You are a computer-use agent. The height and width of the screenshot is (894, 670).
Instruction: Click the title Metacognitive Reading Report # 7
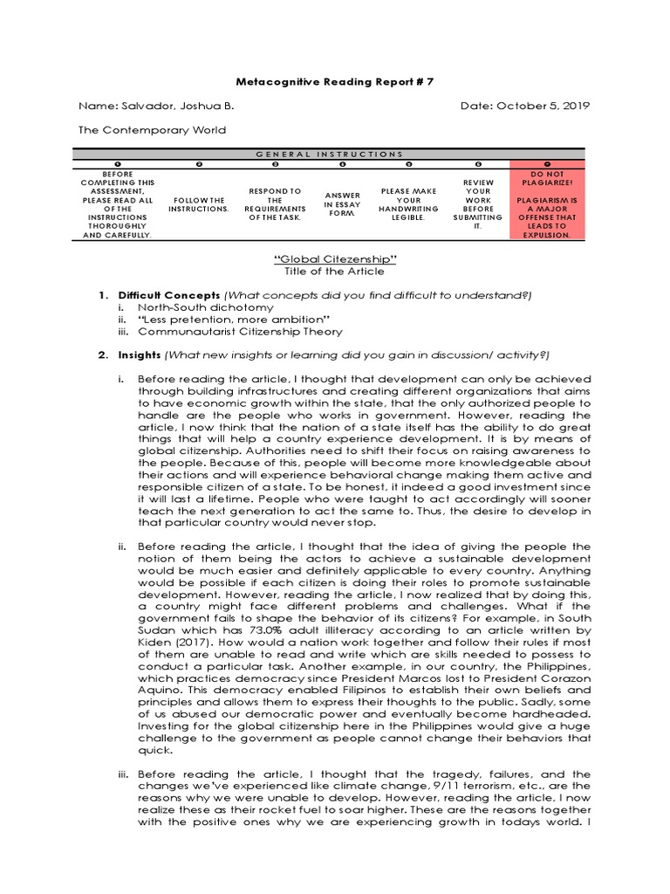click(x=335, y=81)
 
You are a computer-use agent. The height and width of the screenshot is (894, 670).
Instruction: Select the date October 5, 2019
click(x=543, y=106)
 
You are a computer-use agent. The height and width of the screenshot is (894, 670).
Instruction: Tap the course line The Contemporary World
click(x=152, y=130)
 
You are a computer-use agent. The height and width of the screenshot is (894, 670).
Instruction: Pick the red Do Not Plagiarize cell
click(x=547, y=203)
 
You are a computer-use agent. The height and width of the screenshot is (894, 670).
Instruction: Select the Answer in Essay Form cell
click(x=342, y=204)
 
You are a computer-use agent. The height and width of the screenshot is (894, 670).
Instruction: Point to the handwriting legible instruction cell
click(x=408, y=204)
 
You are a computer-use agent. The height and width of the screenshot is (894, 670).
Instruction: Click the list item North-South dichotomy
click(x=205, y=307)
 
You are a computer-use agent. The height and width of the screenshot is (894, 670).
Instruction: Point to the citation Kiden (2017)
click(x=172, y=643)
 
